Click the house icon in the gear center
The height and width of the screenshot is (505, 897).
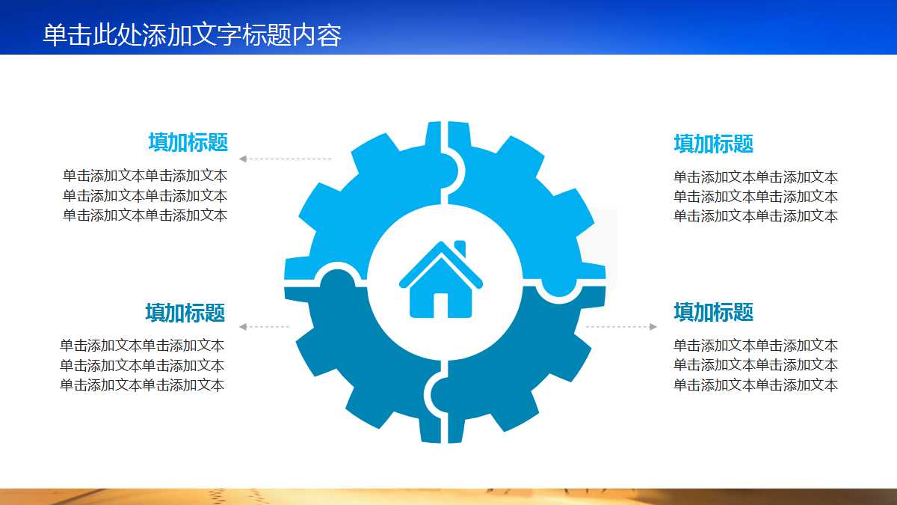(441, 281)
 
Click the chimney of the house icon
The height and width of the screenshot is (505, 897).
(460, 248)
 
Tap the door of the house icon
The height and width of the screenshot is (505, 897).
(441, 305)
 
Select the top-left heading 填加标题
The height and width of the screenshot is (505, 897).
(188, 142)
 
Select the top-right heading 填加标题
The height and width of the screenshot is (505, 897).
(713, 144)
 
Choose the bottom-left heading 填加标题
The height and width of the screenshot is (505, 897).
(185, 313)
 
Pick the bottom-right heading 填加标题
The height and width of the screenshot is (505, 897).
(713, 312)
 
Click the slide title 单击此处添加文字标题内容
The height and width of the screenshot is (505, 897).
(192, 35)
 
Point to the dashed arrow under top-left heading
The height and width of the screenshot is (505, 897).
(285, 159)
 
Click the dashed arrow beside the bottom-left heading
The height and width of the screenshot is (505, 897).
(264, 327)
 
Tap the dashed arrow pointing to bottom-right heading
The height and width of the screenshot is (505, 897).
(620, 327)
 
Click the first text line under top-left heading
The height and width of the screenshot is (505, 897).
(145, 176)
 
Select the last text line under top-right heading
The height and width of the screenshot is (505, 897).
(755, 216)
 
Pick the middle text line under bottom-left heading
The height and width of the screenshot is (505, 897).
(142, 365)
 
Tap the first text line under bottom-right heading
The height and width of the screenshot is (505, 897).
(755, 346)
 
